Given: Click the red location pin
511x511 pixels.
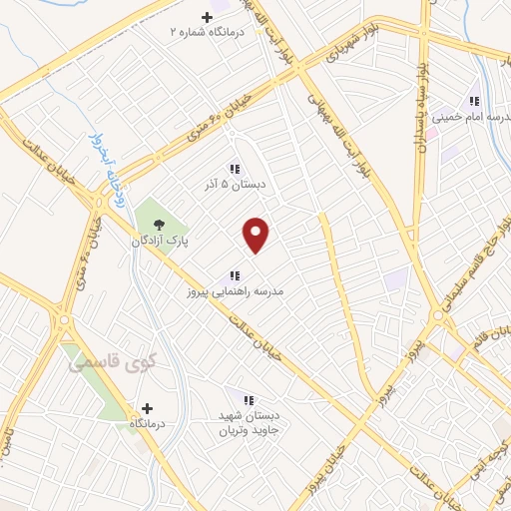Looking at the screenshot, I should (x=256, y=236).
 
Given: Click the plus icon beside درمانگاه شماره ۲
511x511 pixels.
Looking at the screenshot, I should (x=208, y=17).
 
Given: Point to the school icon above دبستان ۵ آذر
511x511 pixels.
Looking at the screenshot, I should (x=235, y=169).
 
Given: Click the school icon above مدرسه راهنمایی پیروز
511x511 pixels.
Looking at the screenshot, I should (x=235, y=275).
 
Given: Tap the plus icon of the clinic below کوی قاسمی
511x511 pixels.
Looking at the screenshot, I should (x=148, y=407).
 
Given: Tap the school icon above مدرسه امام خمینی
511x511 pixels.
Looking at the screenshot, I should (x=474, y=101).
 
